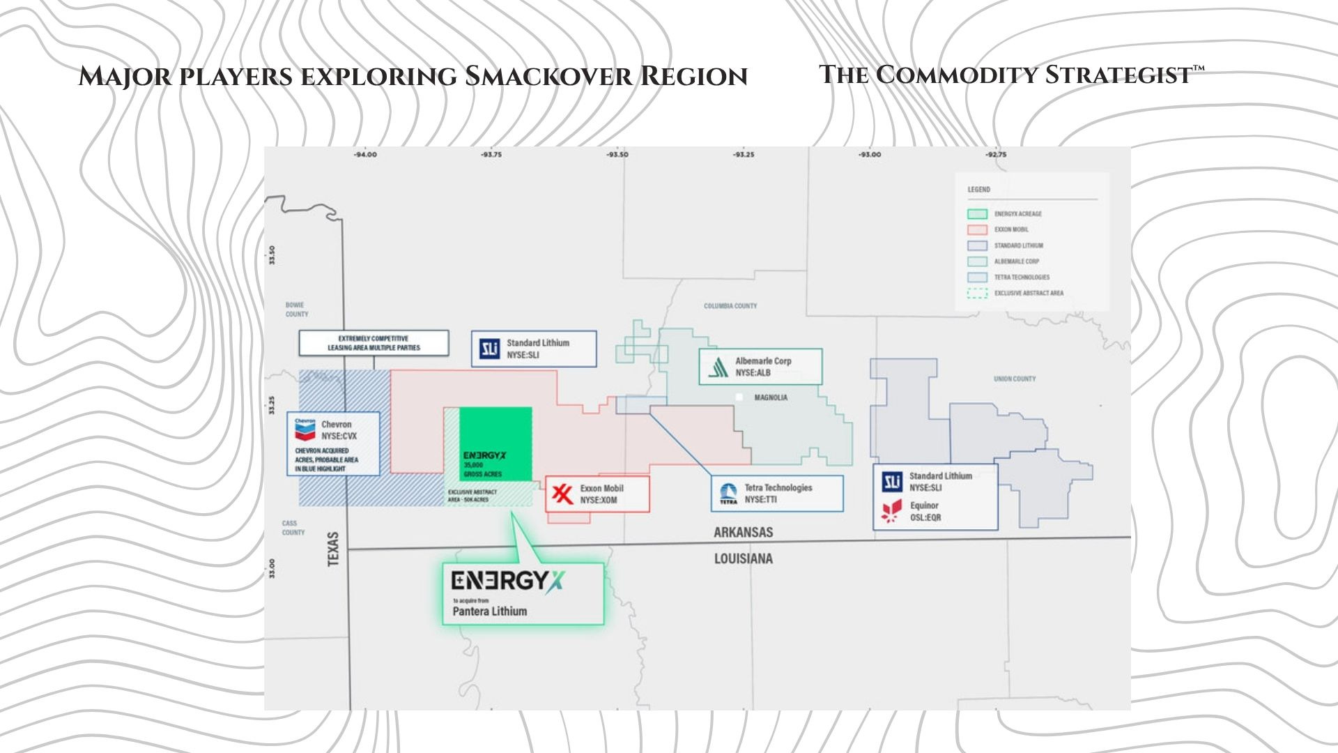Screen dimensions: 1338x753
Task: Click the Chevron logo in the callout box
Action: [x=305, y=429]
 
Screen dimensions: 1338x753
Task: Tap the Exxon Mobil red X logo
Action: [x=562, y=494]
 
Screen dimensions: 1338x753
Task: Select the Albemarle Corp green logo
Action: [x=718, y=367]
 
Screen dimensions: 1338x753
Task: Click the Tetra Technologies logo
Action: [x=728, y=494]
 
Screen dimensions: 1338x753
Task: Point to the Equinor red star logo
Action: [x=891, y=511]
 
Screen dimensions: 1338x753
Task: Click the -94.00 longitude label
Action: [x=365, y=155]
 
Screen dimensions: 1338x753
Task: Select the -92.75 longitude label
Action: [x=996, y=155]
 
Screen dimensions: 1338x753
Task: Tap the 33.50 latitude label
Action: [x=272, y=255]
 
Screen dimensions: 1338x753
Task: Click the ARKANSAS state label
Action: [x=743, y=533]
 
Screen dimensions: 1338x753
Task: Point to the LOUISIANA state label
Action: [x=743, y=558]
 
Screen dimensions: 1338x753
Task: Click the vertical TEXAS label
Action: [x=333, y=549]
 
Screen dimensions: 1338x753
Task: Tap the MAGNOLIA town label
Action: [x=771, y=397]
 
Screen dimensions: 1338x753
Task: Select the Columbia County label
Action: [x=730, y=306]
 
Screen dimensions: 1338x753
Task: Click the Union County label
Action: [x=1015, y=379]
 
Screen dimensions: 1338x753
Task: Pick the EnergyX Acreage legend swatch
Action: [x=977, y=214]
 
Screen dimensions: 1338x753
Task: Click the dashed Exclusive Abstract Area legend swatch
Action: [x=977, y=294]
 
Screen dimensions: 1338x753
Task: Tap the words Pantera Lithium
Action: [x=490, y=611]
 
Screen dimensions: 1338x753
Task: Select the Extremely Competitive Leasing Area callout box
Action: [x=374, y=343]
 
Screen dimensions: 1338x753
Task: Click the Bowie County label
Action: [x=296, y=310]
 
